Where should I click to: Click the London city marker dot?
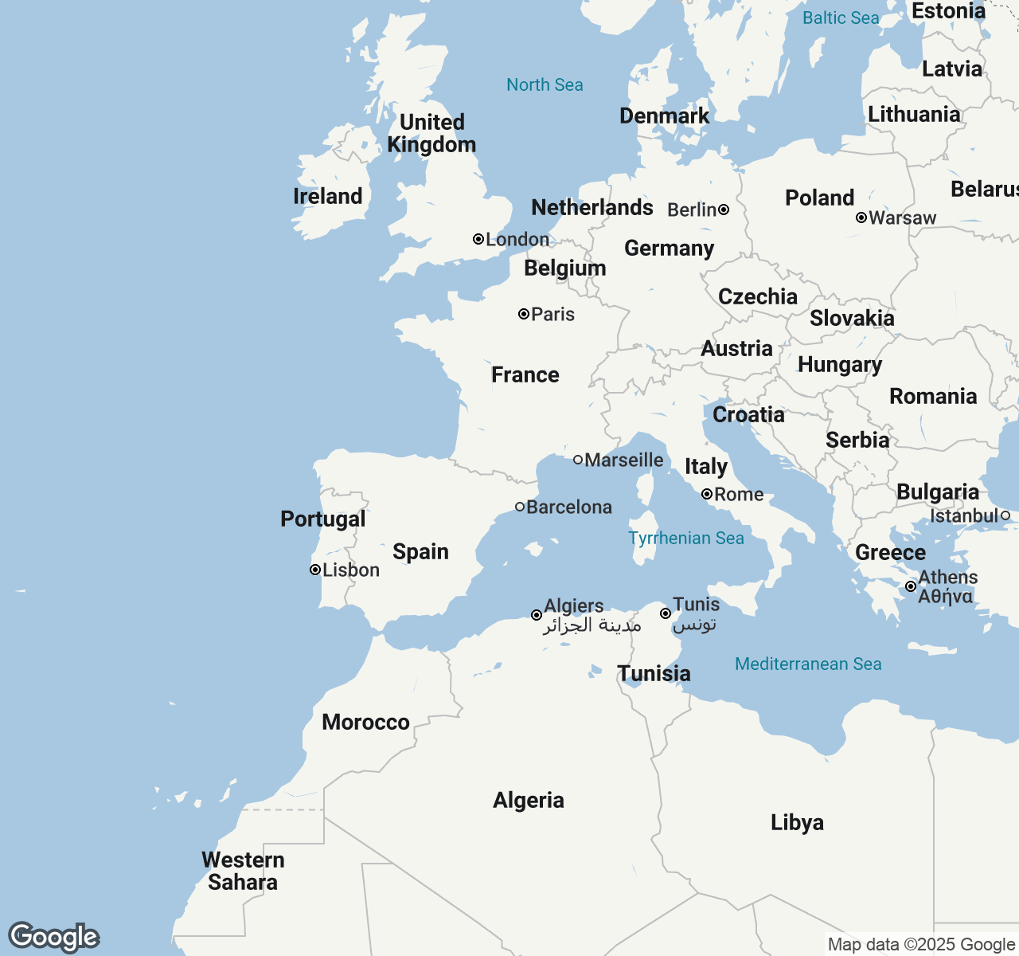click(478, 239)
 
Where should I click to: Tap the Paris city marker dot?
click(524, 314)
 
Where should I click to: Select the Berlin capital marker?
click(724, 210)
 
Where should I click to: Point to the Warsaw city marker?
click(861, 217)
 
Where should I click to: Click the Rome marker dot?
click(707, 494)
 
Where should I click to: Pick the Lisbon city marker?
click(315, 570)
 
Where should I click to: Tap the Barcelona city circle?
click(520, 507)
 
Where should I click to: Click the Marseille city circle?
click(578, 460)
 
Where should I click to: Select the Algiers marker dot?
click(537, 615)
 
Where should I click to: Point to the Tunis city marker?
click(666, 613)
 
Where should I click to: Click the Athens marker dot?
click(911, 586)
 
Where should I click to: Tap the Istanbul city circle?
click(1005, 515)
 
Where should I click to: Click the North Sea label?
click(545, 84)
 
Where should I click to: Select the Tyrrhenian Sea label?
click(686, 538)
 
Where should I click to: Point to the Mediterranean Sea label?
click(808, 664)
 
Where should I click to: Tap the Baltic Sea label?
click(841, 18)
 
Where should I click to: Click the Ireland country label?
click(327, 196)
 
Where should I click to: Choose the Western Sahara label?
click(243, 871)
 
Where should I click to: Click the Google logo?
click(53, 937)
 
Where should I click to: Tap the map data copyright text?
click(921, 945)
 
